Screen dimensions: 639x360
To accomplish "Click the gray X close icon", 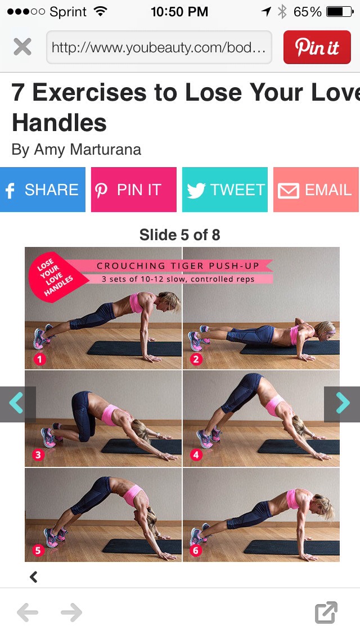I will pos(22,47).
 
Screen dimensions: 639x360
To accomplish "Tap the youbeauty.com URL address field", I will pos(159,47).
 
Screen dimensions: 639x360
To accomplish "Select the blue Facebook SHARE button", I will pos(43,190).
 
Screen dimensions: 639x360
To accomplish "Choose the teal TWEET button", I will pos(225,190).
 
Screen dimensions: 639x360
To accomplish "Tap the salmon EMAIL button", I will pos(316,190).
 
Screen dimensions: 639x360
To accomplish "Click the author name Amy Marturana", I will pos(87,150).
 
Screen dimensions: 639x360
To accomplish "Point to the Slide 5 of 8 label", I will pos(180,235).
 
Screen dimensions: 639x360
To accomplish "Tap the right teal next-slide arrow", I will pos(342,403).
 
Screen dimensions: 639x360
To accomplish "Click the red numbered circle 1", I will pos(39,359).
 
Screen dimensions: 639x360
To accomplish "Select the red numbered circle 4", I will pos(196,454).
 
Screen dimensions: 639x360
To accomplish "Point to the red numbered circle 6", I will pos(196,550).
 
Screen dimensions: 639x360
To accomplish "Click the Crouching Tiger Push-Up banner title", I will pos(178,265).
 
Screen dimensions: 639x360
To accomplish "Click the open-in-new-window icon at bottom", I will pos(326,613).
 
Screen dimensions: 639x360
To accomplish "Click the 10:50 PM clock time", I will pos(179,11).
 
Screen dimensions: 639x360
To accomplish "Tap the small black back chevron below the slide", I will pos(34,577).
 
